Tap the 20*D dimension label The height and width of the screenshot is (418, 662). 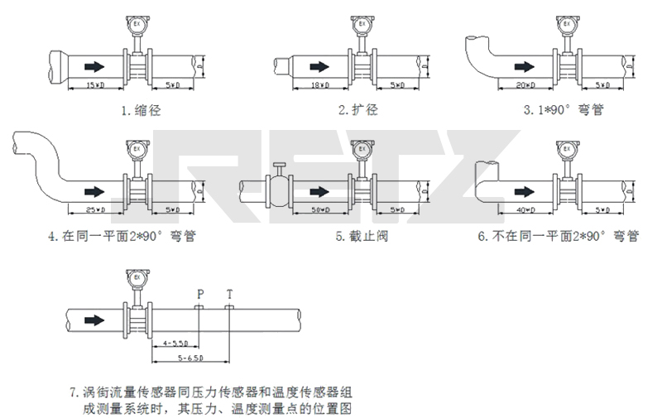[x=524, y=86]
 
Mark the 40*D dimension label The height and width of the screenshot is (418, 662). [x=524, y=210]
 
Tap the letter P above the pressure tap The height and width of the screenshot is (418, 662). [x=199, y=294]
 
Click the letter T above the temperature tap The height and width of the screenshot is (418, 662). [x=229, y=294]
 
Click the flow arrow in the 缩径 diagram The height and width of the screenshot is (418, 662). [x=96, y=66]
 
